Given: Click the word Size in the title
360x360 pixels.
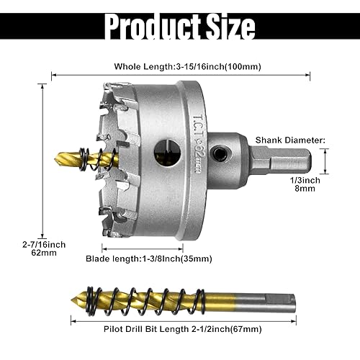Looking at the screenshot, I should coord(227,27).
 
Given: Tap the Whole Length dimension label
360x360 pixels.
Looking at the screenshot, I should coord(187,66).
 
